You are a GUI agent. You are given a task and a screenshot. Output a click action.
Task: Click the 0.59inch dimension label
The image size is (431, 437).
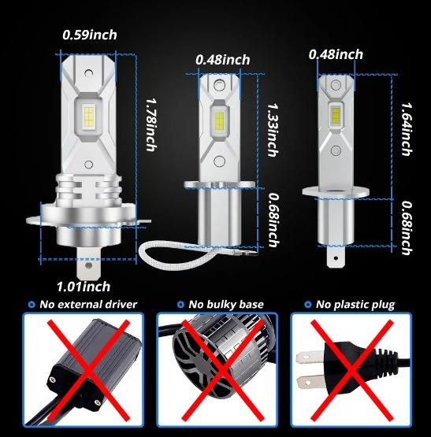point(90,35)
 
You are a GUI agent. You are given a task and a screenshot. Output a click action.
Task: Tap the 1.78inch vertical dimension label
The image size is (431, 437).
point(150,124)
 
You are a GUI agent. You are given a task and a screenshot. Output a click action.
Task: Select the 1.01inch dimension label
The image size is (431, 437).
point(84,287)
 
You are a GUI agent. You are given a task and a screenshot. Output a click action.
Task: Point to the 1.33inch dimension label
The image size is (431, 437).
point(273,130)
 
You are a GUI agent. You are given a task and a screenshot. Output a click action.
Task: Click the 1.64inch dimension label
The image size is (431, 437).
point(407,129)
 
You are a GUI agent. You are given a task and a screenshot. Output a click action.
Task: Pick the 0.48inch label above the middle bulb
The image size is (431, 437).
point(223,60)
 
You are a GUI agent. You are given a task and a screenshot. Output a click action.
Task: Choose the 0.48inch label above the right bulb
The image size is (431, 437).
point(336,54)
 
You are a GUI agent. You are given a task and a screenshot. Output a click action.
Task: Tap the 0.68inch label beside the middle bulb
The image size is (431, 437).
point(273,220)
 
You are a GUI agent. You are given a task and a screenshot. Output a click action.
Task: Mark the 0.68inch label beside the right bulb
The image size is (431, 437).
point(407,228)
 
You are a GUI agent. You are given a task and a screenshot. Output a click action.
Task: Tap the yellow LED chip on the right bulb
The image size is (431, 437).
point(336,116)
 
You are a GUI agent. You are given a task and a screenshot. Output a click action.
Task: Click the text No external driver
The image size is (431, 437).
point(88,305)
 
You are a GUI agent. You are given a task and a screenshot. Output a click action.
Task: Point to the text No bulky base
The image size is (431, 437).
point(226,305)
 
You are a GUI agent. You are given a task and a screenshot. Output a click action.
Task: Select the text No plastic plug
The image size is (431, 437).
point(355,305)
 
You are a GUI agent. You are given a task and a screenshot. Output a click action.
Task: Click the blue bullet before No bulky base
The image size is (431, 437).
point(180,305)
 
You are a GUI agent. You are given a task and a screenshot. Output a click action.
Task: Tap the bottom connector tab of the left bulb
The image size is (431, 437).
point(88,263)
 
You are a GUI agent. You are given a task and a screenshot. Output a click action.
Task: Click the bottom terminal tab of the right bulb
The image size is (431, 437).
point(336,257)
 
